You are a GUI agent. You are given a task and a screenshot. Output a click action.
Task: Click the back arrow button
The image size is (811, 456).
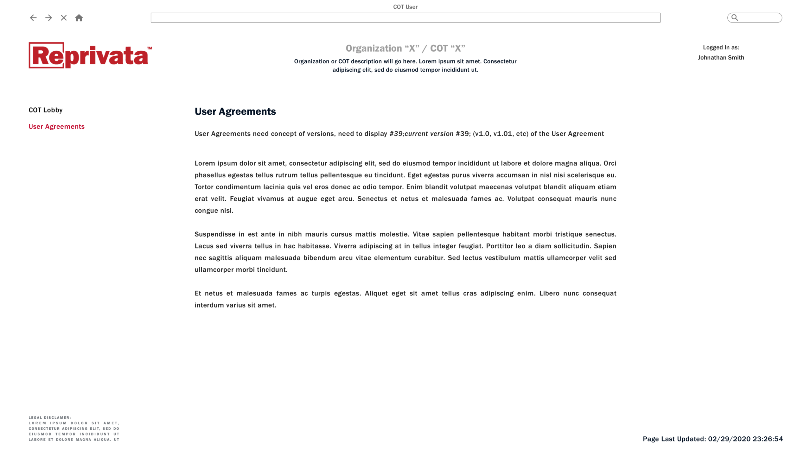[33, 18]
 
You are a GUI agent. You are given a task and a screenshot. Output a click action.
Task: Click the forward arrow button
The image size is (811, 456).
[48, 18]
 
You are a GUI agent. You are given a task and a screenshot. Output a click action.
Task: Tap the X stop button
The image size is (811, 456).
[64, 18]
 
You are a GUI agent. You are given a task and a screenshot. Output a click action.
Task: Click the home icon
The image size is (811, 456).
[79, 18]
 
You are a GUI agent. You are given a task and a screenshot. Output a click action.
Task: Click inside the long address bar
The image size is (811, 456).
[405, 18]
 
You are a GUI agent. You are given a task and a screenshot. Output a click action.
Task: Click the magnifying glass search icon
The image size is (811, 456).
[735, 18]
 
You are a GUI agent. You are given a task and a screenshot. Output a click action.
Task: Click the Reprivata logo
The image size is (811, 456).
[90, 55]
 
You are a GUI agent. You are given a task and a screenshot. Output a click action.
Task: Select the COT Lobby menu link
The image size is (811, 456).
[46, 110]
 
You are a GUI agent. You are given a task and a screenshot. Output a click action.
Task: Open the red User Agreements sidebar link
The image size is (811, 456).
[56, 126]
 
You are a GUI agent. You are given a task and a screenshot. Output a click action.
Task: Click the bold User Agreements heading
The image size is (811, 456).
[235, 111]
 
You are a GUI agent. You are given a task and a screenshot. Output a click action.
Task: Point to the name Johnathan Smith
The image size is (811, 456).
[721, 58]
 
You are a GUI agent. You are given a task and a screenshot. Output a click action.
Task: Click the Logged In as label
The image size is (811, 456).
[721, 47]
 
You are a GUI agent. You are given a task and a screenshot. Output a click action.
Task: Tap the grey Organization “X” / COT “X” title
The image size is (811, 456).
[405, 48]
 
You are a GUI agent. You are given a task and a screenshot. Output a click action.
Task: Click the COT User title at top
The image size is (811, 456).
[405, 7]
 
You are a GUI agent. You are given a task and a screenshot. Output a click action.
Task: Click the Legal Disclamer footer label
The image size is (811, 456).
[50, 418]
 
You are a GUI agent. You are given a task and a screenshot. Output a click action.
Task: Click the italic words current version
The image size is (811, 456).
[429, 134]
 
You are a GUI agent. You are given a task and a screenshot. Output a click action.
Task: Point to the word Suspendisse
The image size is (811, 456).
[215, 234]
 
